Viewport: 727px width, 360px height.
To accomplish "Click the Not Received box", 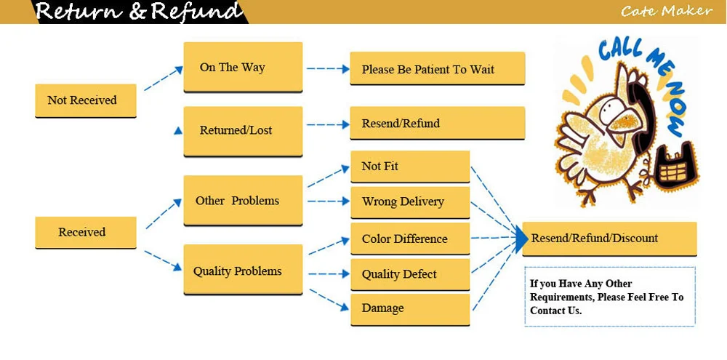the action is point(86,100).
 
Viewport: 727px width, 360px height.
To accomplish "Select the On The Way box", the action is point(243,67).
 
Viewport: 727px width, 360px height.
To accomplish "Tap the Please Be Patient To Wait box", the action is point(437,68).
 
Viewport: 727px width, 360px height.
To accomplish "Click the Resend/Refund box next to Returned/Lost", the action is point(437,123).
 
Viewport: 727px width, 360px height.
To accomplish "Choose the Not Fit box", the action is point(410,166).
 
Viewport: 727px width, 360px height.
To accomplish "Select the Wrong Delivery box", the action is point(410,202).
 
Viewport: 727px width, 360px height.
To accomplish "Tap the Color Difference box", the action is point(410,239).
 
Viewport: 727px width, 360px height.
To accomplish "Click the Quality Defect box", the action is point(410,275).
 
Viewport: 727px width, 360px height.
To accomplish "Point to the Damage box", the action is point(410,309).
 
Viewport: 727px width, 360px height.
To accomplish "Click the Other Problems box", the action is point(243,201).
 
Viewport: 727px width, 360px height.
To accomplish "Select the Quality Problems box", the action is point(243,270).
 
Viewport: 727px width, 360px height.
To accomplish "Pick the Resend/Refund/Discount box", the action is point(609,239).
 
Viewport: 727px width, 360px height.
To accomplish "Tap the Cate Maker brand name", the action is point(666,10).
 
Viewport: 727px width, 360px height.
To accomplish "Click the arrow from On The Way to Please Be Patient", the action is point(328,69).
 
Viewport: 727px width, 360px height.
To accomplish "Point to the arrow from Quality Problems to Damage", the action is point(329,299).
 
